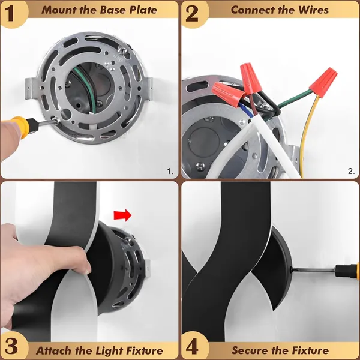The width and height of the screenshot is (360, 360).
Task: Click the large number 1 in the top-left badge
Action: [x=10, y=14]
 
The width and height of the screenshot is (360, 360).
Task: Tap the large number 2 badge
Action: [x=192, y=14]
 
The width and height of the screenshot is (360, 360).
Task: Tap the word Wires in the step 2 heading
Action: [x=313, y=10]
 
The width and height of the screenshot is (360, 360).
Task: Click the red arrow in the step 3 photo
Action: [x=122, y=215]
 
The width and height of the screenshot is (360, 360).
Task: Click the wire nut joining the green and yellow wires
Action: [x=324, y=82]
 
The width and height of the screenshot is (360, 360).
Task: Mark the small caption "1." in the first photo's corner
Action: [x=170, y=171]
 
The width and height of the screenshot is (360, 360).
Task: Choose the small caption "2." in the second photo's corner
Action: [x=351, y=171]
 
